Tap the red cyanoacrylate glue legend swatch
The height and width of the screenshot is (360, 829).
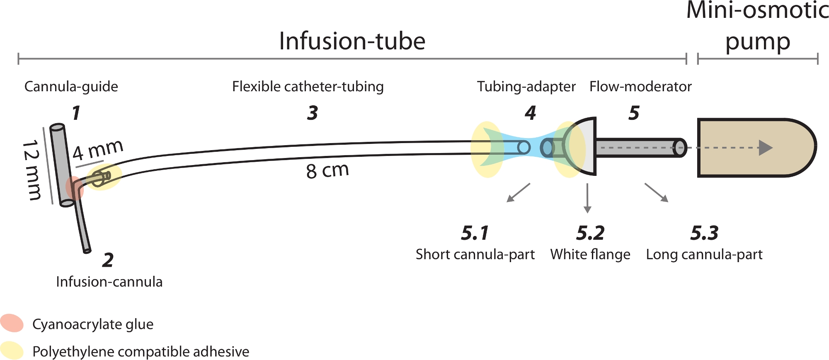tap(12, 323)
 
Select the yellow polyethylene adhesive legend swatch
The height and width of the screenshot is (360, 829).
tap(12, 350)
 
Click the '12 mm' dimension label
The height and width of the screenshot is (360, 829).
tap(32, 170)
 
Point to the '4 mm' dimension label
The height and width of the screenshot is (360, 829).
tap(98, 150)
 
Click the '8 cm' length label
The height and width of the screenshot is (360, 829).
tap(327, 170)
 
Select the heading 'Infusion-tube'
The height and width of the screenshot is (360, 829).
tap(352, 41)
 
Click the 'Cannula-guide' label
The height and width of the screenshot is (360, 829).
tap(71, 87)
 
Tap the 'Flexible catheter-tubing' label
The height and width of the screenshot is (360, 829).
tap(308, 87)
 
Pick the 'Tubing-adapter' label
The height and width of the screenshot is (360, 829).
tap(526, 87)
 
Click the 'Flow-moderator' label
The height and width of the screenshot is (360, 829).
tap(640, 87)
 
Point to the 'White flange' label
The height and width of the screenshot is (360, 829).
tap(590, 254)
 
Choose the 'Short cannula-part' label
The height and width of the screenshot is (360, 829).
tap(475, 254)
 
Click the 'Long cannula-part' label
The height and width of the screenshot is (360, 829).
tap(704, 254)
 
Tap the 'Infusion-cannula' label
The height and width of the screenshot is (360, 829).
tap(109, 282)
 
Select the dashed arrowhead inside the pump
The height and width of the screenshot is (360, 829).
tap(765, 148)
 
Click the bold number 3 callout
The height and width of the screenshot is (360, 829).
tap(313, 113)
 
